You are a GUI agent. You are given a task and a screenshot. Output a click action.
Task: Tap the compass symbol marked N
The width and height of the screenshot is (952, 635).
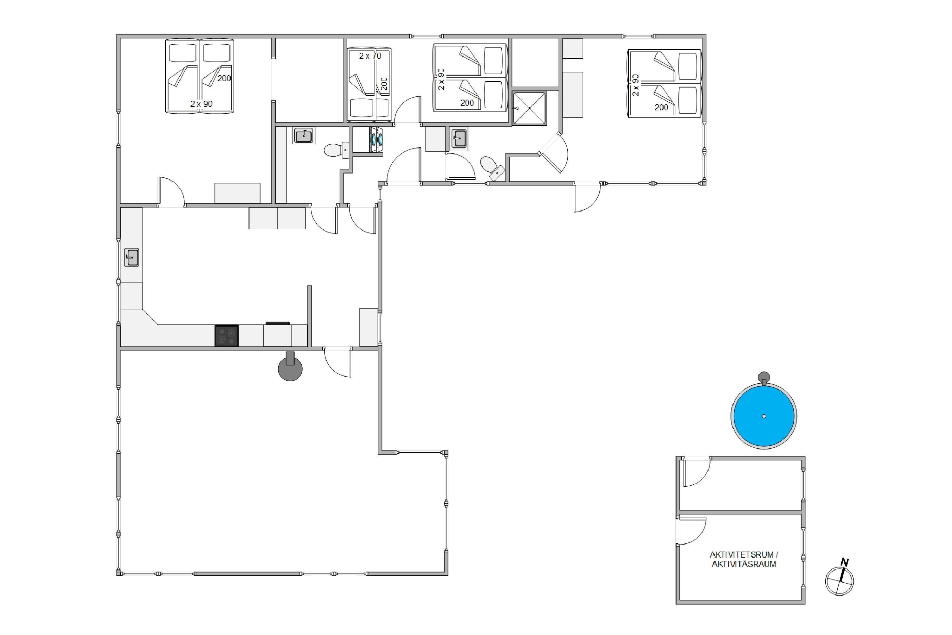tap(839, 579)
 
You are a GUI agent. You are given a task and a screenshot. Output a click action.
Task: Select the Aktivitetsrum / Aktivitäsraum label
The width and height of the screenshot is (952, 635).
tap(744, 559)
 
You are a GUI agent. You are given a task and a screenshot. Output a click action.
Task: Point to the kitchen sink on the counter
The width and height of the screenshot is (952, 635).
tap(132, 258)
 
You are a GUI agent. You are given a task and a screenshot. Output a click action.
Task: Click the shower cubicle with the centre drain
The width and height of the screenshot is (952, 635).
tap(530, 108)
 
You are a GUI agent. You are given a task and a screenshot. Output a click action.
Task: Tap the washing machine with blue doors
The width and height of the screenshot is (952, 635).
tap(376, 140)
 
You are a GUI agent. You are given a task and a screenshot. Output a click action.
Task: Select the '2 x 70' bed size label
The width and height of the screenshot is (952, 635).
tap(370, 56)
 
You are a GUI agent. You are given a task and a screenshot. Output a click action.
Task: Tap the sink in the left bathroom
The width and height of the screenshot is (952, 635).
tap(303, 136)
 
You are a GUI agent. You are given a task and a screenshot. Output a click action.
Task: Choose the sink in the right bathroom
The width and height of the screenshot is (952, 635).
tap(459, 139)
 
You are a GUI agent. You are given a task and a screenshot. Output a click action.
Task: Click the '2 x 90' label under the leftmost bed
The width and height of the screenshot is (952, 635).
tap(201, 104)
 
